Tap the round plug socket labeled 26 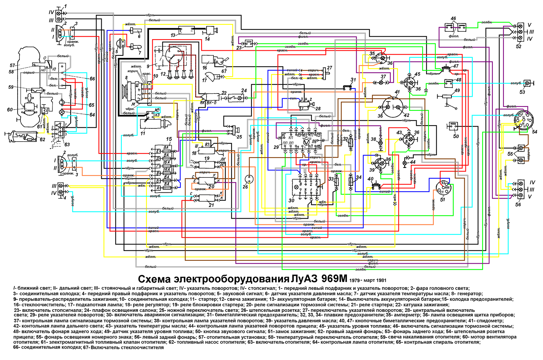[248, 179]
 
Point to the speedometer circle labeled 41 [393, 107]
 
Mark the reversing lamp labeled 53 [527, 83]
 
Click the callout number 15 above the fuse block [169, 139]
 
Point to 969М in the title [334, 279]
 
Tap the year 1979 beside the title [354, 281]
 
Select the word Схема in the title [154, 279]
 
